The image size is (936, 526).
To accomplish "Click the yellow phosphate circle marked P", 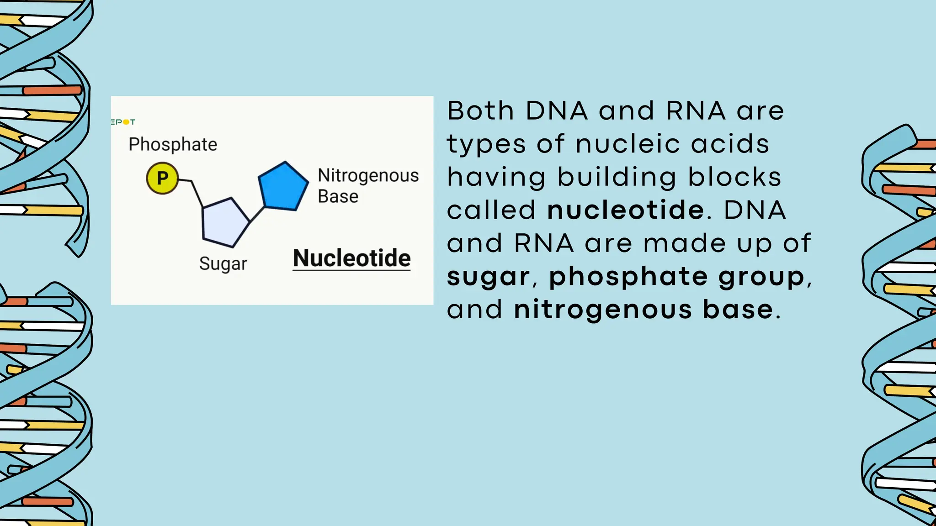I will tap(162, 178).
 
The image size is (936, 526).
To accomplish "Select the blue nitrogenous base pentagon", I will tap(283, 187).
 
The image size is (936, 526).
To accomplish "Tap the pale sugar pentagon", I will tap(225, 223).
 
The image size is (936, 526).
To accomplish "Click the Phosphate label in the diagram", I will tap(173, 144).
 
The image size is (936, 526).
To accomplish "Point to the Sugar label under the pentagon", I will tap(223, 264).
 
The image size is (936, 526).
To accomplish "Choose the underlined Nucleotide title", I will tap(351, 258).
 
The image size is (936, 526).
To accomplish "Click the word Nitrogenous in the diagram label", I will tap(368, 175).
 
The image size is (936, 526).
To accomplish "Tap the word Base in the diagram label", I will tap(338, 196).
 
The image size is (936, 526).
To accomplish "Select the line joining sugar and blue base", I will tap(257, 215).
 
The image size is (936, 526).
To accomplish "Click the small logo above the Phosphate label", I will tap(123, 122).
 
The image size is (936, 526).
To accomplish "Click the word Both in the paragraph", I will tap(480, 111).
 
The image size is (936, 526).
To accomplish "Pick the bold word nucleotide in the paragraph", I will tap(626, 210).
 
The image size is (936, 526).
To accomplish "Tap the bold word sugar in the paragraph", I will tap(488, 277).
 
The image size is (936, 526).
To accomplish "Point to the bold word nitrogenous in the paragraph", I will tap(603, 310).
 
